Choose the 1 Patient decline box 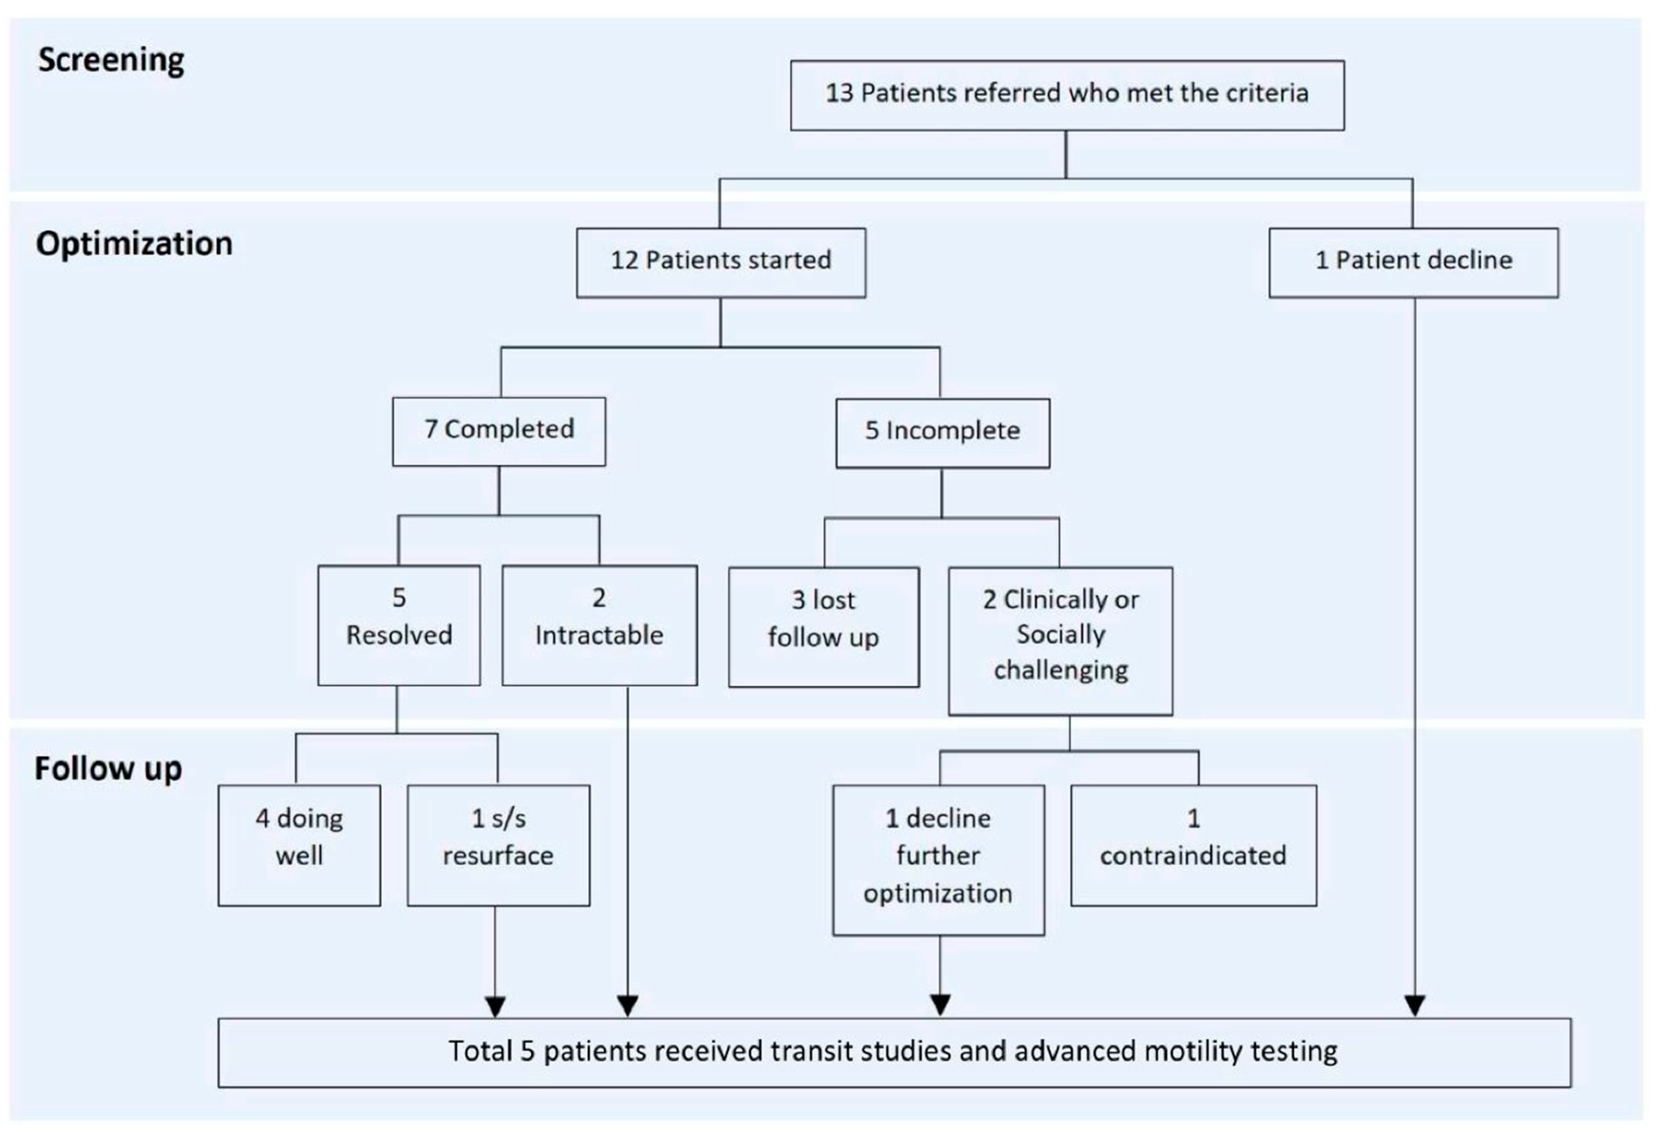tap(1413, 262)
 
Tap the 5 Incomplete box tap(942, 432)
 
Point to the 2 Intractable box tap(599, 625)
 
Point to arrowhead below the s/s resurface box tap(495, 1006)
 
